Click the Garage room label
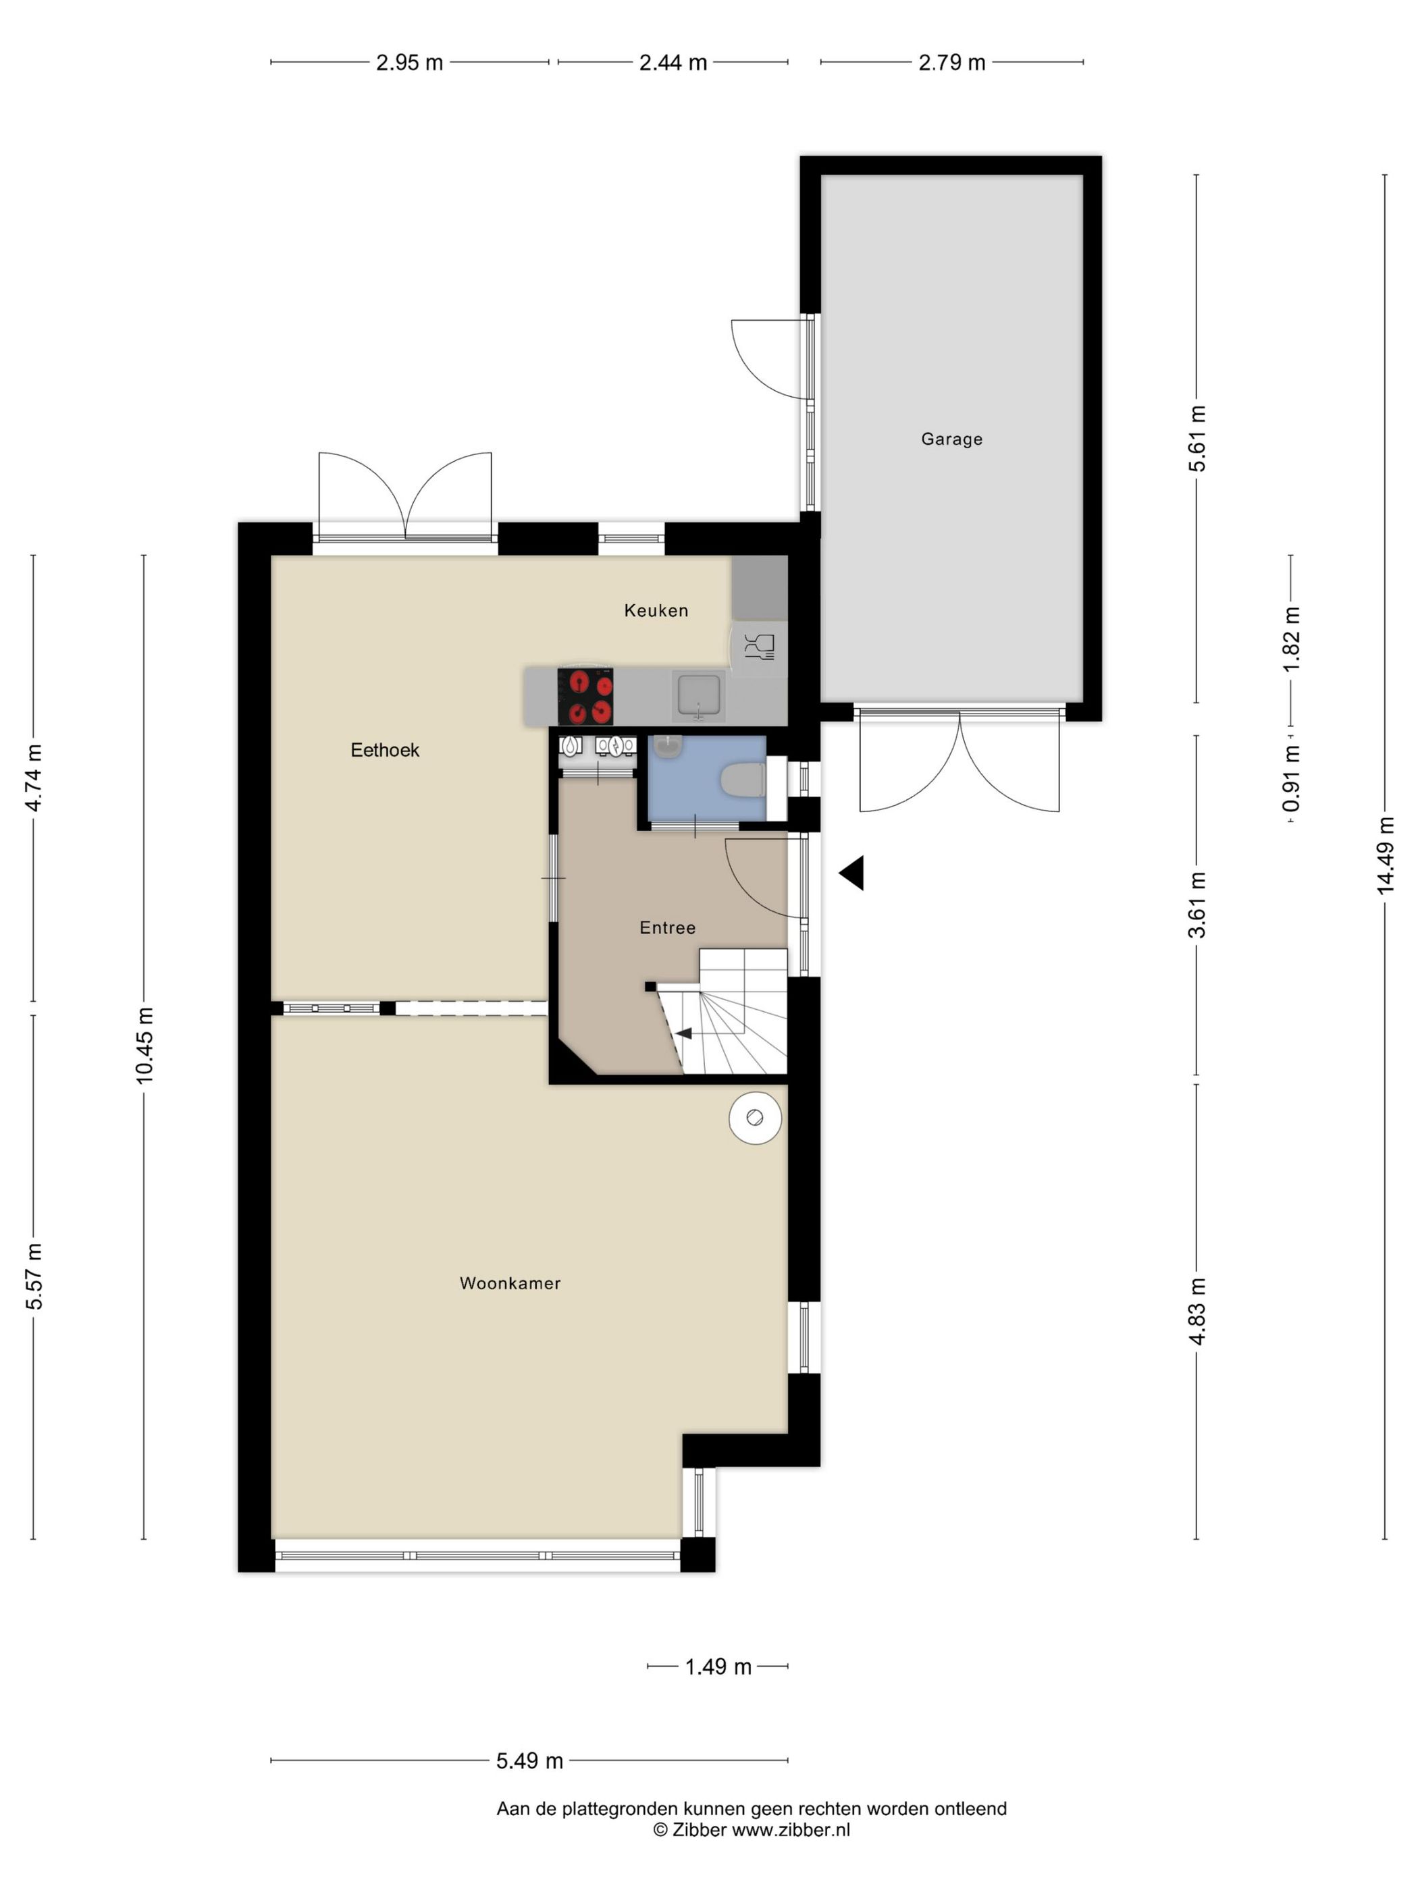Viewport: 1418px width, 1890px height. (x=951, y=439)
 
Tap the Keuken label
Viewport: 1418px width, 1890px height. (x=656, y=610)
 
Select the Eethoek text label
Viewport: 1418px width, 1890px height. (x=385, y=750)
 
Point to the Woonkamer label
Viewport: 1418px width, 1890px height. (x=509, y=1283)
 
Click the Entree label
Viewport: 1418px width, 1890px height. (x=668, y=928)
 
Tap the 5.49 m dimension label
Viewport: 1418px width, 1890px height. (x=529, y=1760)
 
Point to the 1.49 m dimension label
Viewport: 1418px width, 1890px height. (x=718, y=1666)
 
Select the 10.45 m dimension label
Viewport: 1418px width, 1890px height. (x=144, y=1046)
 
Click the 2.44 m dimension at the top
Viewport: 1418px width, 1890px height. (x=673, y=62)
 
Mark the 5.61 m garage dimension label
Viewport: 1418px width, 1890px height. (x=1197, y=438)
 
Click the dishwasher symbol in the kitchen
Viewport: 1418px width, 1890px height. (x=759, y=647)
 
